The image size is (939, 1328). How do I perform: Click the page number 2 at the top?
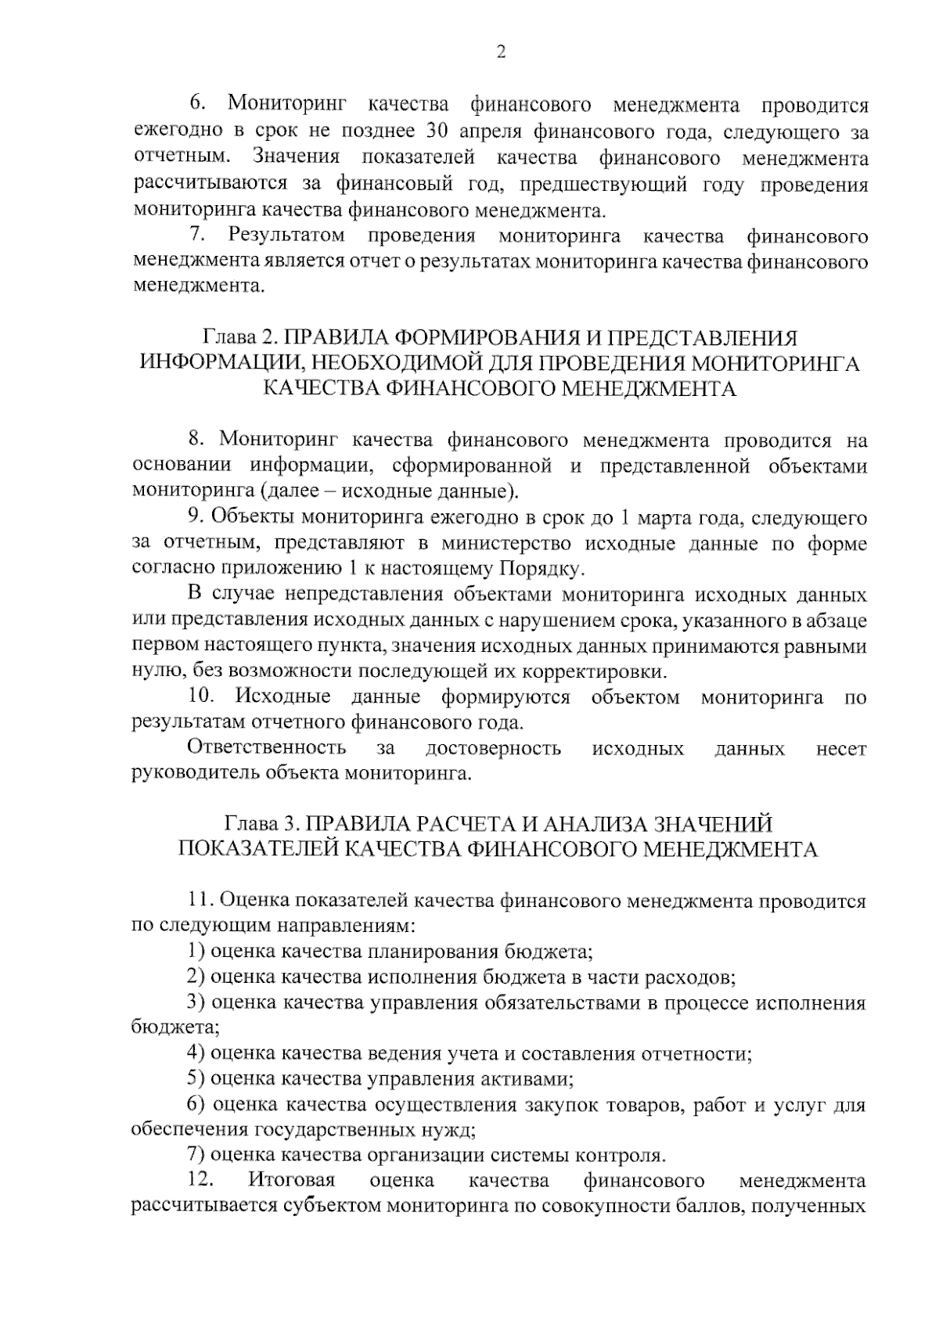click(x=502, y=52)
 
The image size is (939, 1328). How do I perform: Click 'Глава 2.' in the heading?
click(x=241, y=338)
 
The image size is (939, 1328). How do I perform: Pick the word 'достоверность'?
click(x=493, y=749)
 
